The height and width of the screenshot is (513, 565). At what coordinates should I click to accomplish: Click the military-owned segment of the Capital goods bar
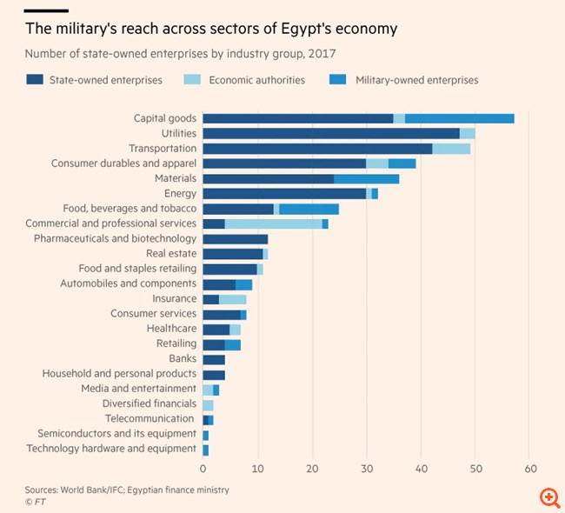tap(459, 118)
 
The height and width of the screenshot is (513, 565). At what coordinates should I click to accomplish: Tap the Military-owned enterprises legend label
tap(416, 81)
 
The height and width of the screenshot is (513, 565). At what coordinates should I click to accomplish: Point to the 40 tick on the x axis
tap(421, 467)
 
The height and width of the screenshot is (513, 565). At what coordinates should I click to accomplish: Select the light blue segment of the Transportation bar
tap(451, 149)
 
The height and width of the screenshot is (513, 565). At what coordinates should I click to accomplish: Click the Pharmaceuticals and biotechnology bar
tap(235, 238)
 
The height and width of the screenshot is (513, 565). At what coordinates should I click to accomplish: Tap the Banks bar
tap(214, 358)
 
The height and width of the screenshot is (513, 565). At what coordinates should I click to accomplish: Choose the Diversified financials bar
tap(208, 403)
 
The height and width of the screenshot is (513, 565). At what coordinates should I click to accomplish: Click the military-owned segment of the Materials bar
tap(366, 178)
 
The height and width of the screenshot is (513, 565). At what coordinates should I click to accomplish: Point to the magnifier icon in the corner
tap(549, 496)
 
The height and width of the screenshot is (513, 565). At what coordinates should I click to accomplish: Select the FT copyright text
tap(35, 502)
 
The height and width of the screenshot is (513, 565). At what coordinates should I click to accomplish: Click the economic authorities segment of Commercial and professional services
tap(273, 223)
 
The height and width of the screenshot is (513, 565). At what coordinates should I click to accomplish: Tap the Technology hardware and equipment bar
tap(206, 449)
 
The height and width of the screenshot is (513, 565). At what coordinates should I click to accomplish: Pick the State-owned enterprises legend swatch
tap(34, 81)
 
